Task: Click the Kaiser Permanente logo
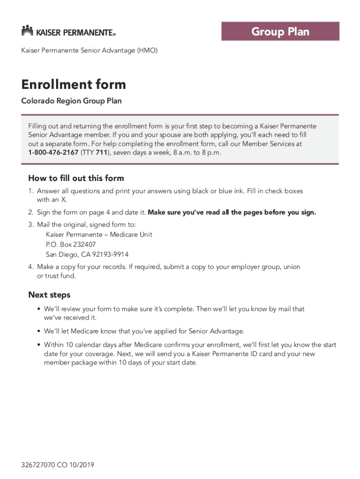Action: [68, 31]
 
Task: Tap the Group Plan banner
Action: [280, 32]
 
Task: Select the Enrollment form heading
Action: [73, 85]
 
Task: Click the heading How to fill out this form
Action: [76, 178]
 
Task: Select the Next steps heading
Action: [49, 295]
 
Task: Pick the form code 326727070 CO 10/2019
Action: [58, 465]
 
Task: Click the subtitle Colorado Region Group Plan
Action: [72, 101]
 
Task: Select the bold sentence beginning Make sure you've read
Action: [232, 212]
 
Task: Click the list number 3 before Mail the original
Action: [30, 225]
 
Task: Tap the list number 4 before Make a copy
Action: [30, 267]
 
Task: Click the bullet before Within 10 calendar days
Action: [38, 345]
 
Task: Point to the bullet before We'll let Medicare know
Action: [38, 332]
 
